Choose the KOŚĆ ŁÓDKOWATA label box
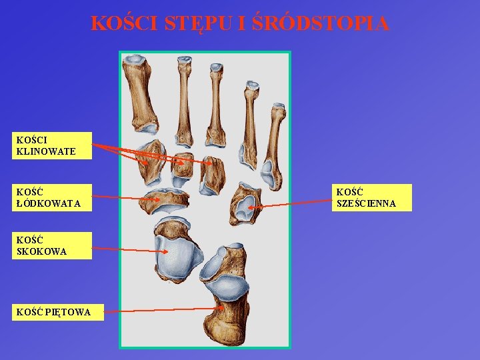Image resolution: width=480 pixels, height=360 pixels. click(53, 198)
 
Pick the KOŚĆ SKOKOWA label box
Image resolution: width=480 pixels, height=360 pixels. click(52, 245)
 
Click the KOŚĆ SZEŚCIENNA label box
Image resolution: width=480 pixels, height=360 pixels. click(371, 198)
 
